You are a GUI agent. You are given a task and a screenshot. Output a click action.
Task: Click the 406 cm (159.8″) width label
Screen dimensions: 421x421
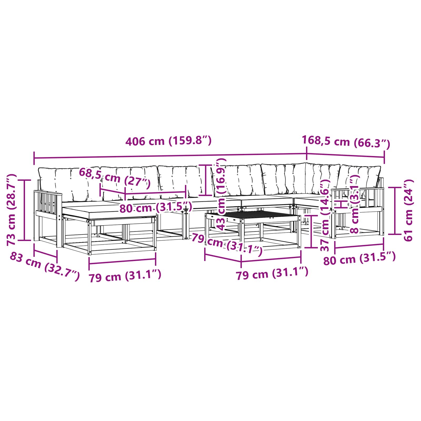168,141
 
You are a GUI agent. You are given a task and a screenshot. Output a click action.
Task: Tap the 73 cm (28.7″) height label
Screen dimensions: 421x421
12,210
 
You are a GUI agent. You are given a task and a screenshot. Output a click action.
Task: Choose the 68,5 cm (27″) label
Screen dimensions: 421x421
115,178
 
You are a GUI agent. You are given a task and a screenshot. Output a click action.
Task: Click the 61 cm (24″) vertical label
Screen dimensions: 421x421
408,210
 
